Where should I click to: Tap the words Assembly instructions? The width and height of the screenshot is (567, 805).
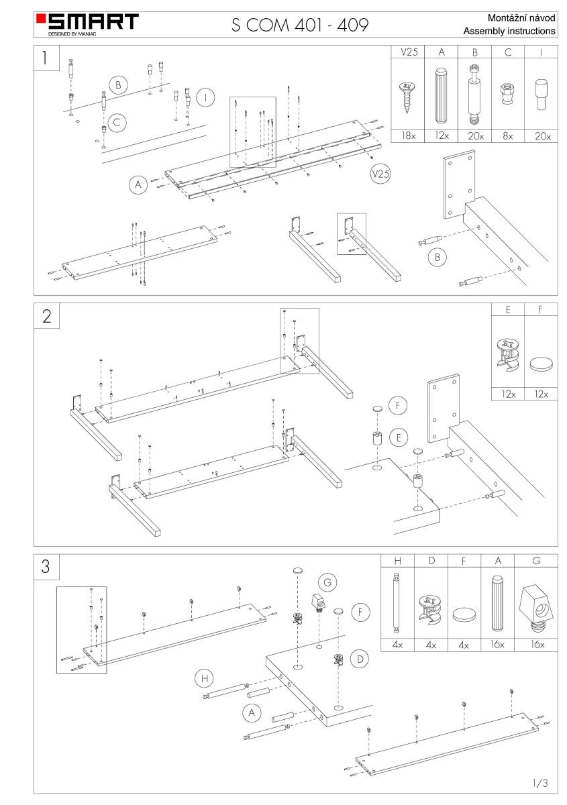[x=509, y=31]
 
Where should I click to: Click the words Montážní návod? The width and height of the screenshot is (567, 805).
[x=518, y=17]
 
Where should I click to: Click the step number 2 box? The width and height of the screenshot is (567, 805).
[x=46, y=317]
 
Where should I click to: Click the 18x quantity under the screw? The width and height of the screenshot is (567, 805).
[x=407, y=135]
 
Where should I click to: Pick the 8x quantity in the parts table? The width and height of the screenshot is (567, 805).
[x=508, y=135]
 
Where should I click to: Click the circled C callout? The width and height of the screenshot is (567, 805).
[x=117, y=121]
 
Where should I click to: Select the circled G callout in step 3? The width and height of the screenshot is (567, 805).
[x=327, y=583]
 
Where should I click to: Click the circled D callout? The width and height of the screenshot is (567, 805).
[x=360, y=659]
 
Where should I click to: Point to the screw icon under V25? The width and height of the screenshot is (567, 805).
[x=407, y=95]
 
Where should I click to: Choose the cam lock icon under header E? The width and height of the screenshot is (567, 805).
[x=508, y=356]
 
